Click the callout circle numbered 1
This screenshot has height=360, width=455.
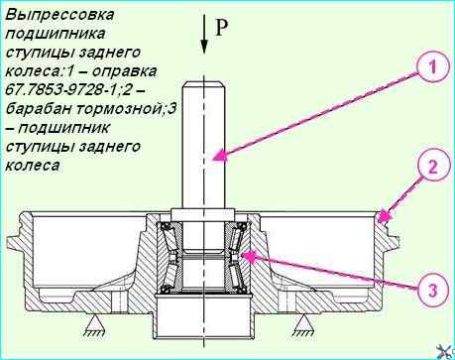pos(433,67)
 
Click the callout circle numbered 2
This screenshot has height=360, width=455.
pos(433,167)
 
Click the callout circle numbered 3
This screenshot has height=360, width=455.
pos(433,291)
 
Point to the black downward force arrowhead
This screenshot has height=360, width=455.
pos(204,47)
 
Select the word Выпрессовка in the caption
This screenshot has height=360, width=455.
pos(59,15)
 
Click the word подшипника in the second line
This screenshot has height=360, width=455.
pos(56,34)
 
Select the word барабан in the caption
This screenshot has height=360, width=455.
pos(39,109)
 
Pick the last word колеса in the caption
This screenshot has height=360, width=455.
pos(33,166)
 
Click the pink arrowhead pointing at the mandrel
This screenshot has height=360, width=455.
pos(219,156)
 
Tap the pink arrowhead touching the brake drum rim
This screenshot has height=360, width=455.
pos(385,216)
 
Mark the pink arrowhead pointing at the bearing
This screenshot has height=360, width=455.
pos(249,257)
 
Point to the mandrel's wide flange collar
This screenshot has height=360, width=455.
pos(202,213)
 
